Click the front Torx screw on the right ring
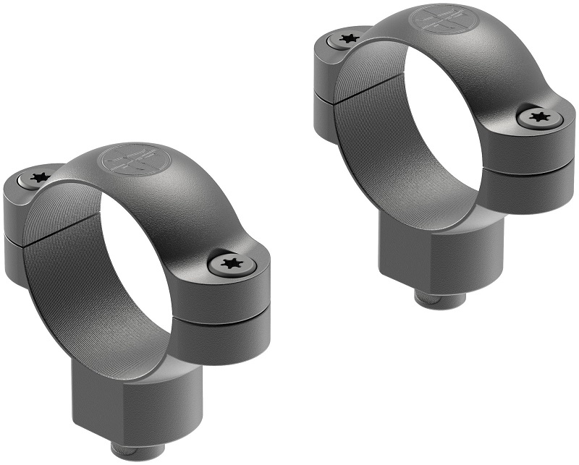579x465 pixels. click(538, 116)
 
